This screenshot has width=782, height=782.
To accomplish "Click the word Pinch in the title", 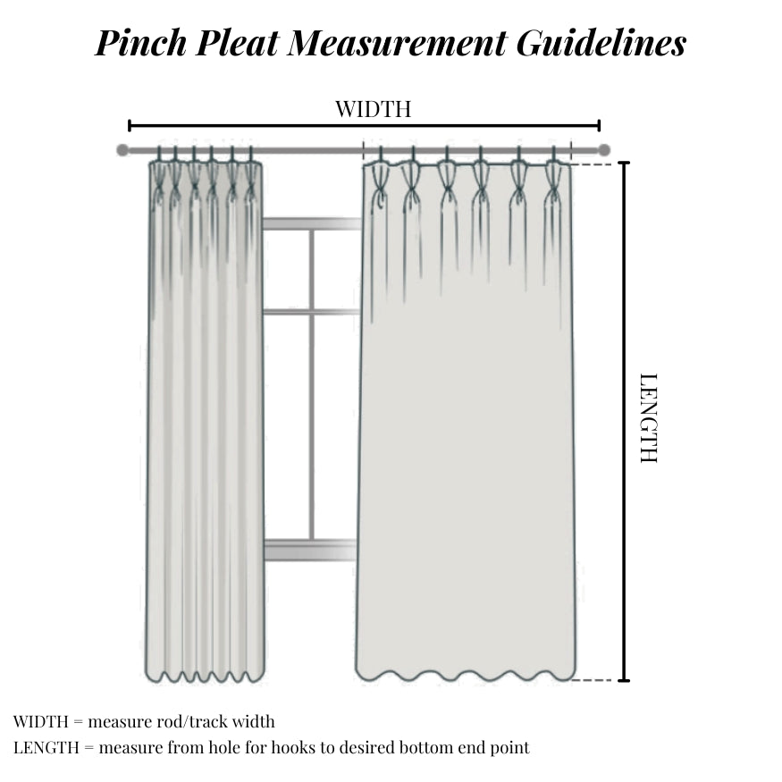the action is [141, 43].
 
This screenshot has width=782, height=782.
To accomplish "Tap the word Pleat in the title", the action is [238, 43].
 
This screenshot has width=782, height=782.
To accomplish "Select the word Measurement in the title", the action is [398, 43].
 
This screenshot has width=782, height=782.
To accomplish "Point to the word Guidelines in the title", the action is [601, 43].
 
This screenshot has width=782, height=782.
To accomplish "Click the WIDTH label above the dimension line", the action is [373, 109].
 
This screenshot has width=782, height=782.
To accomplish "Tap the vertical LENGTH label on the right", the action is [648, 418].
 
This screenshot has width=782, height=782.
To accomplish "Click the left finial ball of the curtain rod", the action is [122, 149].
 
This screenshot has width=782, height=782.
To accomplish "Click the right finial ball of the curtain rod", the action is [604, 149].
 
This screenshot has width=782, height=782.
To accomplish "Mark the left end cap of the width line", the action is [130, 126].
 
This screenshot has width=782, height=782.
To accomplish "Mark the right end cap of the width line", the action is [599, 126].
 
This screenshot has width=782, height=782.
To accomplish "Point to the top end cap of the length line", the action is [624, 163].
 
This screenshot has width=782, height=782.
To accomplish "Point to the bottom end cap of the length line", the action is [624, 680].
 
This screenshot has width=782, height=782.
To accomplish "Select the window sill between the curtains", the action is [310, 551].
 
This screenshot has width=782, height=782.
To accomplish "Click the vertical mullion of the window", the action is [312, 384].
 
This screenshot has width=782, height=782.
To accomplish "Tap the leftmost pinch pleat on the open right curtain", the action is [381, 183].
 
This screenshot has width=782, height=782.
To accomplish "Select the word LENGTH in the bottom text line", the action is [46, 747].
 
